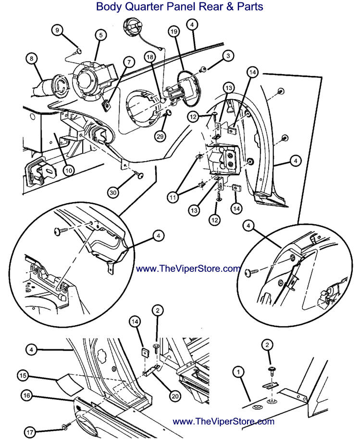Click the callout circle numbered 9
click(58, 30)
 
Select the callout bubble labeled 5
click(99, 35)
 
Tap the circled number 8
click(32, 59)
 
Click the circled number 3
click(227, 56)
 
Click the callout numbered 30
click(113, 192)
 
